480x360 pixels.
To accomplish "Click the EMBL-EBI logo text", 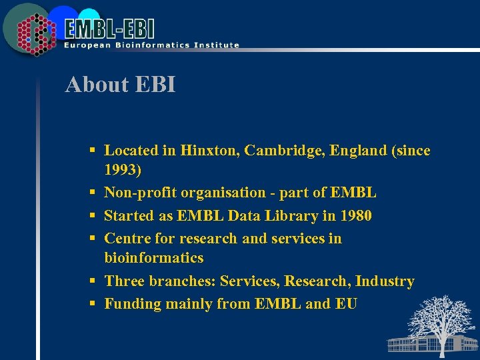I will pos(110,29).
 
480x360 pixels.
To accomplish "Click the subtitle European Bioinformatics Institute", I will pos(151,45).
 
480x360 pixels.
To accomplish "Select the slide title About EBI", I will pos(120,85).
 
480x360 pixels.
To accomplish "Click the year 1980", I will pos(354,215).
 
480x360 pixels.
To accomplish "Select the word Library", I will pos(283,215).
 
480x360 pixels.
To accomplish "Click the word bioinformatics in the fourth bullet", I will pos(154,257).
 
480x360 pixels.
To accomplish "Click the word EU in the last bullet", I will pos(346,304).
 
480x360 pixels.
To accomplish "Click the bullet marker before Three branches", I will pos(93,282).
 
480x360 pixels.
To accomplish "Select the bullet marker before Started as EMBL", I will pos(93,216).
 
